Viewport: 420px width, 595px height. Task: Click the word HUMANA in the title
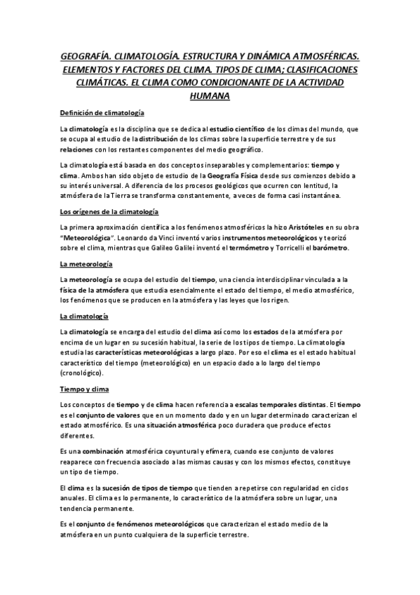coord(210,95)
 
